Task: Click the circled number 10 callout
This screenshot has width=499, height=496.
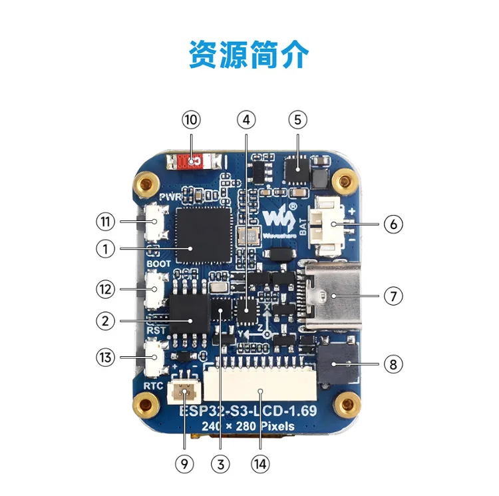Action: [x=191, y=120]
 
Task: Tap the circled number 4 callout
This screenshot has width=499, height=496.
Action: [x=246, y=120]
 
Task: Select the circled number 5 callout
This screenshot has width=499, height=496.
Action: [x=297, y=120]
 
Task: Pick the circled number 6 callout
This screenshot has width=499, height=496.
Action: [x=393, y=224]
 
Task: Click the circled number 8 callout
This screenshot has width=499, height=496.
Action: [x=393, y=364]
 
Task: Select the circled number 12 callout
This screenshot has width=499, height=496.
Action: [x=104, y=290]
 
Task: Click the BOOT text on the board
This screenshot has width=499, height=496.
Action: [x=159, y=264]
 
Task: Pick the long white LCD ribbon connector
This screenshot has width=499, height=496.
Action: [x=260, y=393]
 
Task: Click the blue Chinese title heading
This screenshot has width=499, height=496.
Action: [x=249, y=55]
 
